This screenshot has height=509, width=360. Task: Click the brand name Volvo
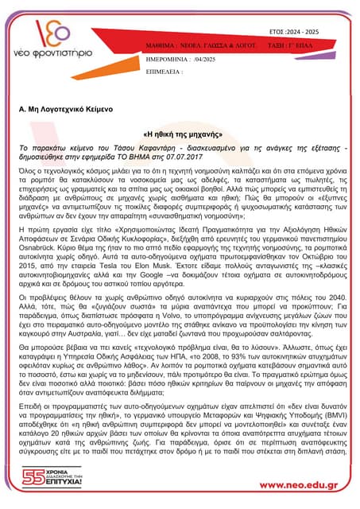187,313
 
